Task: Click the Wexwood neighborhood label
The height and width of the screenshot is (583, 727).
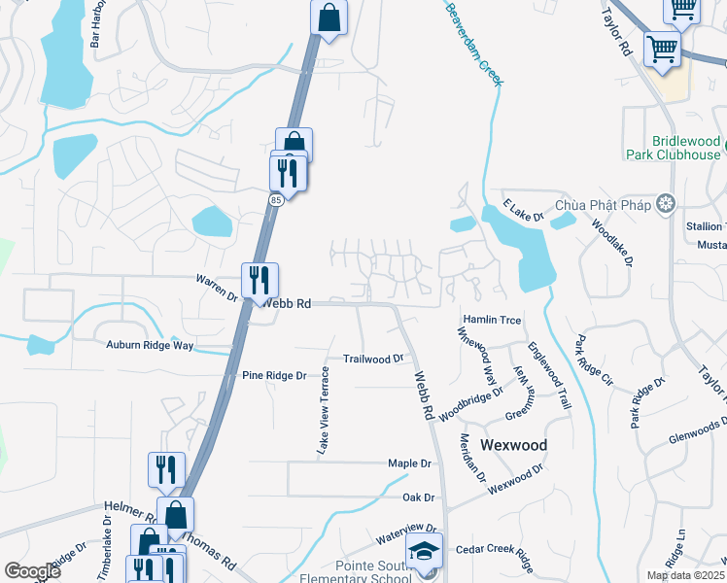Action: [x=508, y=445]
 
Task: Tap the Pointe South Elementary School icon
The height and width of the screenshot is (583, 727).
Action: [x=424, y=551]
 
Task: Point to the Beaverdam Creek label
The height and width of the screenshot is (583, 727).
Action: [x=475, y=43]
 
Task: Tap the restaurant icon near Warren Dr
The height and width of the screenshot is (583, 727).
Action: [x=260, y=281]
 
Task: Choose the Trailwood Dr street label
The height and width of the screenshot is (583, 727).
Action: [x=373, y=359]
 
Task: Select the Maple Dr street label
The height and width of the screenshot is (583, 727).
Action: [x=408, y=463]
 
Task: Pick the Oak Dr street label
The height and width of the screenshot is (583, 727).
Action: [x=418, y=497]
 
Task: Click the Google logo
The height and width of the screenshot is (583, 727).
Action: [x=32, y=571]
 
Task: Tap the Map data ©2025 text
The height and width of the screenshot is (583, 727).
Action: [x=685, y=575]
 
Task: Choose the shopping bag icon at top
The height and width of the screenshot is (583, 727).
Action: [x=329, y=17]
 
